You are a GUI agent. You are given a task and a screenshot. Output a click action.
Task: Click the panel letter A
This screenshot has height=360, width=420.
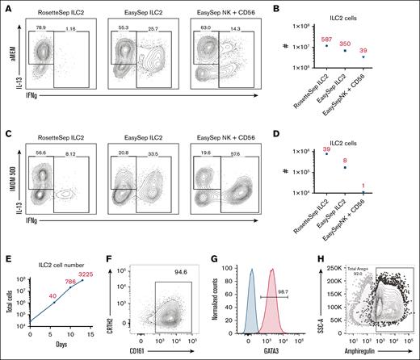pyautogui.click(x=6, y=6)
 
